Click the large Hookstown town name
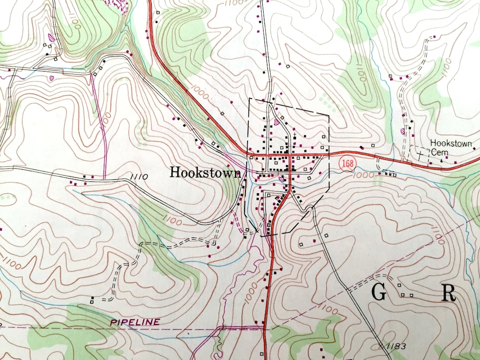click(x=205, y=172)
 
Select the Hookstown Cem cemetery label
click(x=451, y=147)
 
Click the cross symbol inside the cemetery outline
click(x=420, y=155)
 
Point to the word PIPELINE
click(x=135, y=322)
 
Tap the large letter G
click(x=379, y=293)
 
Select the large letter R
click(x=448, y=293)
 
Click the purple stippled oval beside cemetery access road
click(x=402, y=131)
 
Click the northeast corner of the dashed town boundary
click(x=328, y=115)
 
